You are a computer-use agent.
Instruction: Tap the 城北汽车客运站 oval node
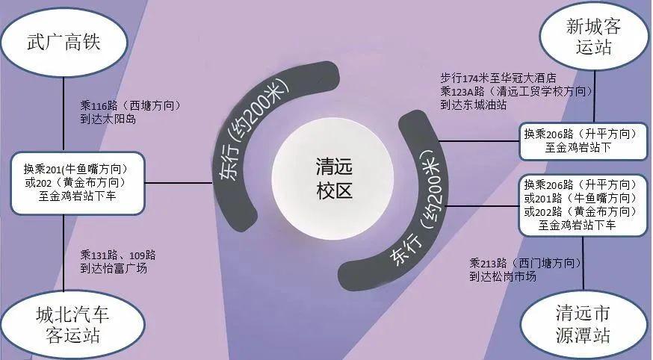click(x=66, y=323)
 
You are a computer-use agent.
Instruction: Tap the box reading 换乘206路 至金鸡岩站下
click(x=580, y=140)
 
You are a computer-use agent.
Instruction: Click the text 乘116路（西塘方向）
click(x=131, y=105)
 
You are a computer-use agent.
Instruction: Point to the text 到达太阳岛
click(x=109, y=119)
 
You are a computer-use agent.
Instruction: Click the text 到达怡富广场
click(x=114, y=268)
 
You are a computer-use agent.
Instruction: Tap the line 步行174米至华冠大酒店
click(x=498, y=78)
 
